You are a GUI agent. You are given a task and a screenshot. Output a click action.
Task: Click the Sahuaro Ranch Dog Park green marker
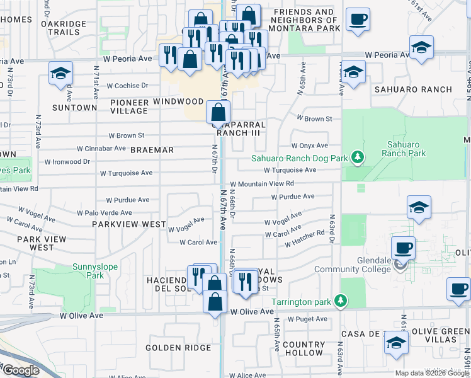point(358,156)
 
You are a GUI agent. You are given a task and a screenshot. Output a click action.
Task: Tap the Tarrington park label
point(302,302)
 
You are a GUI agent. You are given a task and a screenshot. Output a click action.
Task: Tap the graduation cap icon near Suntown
point(60,74)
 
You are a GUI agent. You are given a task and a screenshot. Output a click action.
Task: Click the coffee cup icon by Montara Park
point(358,20)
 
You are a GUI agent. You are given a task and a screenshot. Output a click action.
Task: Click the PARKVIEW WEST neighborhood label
point(129,224)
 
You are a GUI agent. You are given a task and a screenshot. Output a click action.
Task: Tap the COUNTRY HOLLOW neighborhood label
point(304,348)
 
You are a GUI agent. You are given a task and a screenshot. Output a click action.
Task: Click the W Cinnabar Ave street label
point(101,149)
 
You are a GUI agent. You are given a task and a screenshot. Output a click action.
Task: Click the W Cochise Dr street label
point(128,86)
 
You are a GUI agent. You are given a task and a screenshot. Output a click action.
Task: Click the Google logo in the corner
point(21,370)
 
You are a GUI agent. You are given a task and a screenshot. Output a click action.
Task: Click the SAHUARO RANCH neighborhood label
point(413,89)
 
